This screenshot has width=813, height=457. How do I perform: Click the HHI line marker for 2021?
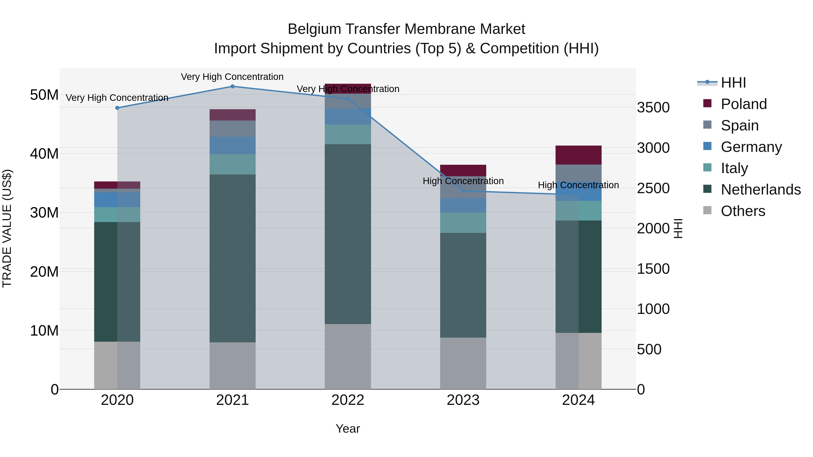point(232,86)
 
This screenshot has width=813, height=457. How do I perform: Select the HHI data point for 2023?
point(463,191)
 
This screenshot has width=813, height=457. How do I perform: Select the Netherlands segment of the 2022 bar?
point(348,234)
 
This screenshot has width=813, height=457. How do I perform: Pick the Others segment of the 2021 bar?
point(232,366)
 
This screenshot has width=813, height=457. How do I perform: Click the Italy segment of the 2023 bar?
point(463,223)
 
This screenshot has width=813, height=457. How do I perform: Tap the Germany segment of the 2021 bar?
point(232,145)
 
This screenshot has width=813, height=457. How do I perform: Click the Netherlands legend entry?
point(760,190)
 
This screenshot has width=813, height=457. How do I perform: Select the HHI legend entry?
point(733,83)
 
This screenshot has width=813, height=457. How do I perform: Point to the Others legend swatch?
point(707,210)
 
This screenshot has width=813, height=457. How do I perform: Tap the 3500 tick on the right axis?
point(653,108)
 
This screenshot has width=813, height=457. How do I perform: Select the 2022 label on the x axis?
point(348,400)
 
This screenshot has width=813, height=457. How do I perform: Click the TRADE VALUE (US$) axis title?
point(7,228)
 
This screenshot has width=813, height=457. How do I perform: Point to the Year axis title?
point(348,429)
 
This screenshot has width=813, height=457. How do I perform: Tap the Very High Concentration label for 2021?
point(232,77)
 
